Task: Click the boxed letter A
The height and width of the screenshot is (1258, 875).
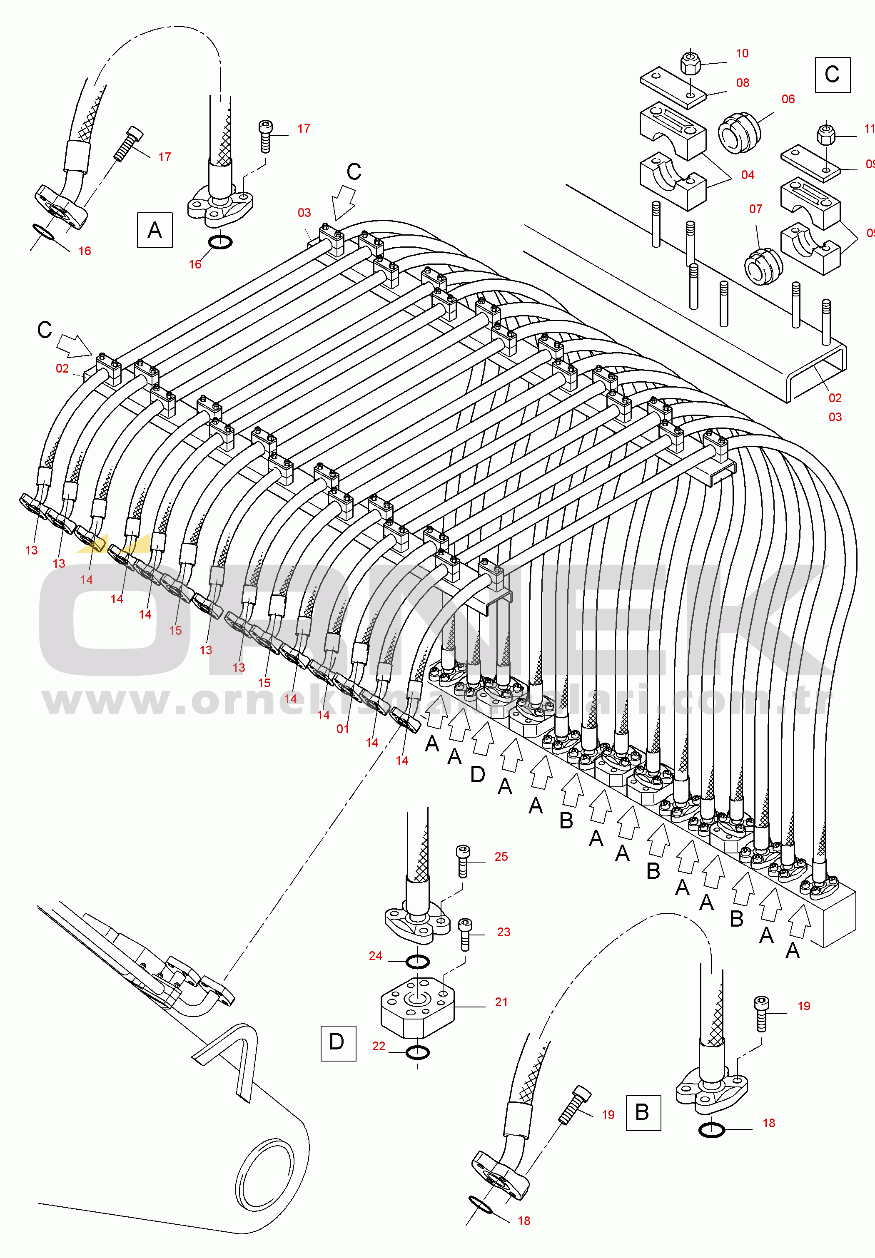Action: pyautogui.click(x=155, y=230)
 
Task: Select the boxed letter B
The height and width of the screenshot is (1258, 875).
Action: pyautogui.click(x=643, y=1113)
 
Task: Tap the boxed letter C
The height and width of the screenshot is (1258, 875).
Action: pyautogui.click(x=832, y=75)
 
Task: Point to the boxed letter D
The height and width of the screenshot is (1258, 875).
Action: pyautogui.click(x=337, y=1043)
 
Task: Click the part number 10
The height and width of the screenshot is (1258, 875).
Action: pyautogui.click(x=742, y=54)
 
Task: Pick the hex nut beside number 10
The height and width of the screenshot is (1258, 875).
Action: pyautogui.click(x=690, y=64)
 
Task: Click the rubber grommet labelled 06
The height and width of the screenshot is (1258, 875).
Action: pyautogui.click(x=738, y=133)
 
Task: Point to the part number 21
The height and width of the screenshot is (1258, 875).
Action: pyautogui.click(x=501, y=1002)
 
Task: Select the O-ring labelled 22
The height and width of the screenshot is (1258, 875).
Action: pyautogui.click(x=418, y=1052)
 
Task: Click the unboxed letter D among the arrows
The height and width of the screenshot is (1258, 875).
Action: pyautogui.click(x=478, y=774)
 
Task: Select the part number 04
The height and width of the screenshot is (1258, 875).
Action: pyautogui.click(x=747, y=175)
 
